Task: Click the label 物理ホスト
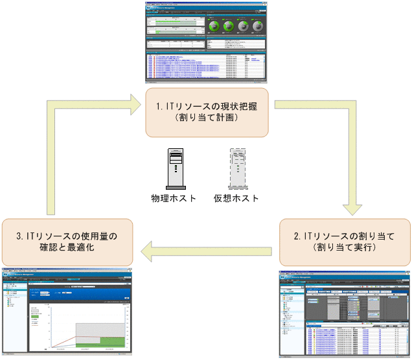173,198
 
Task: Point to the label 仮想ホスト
236,198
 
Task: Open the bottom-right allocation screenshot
345,313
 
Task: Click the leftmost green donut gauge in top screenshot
215,27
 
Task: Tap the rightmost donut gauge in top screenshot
258,27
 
